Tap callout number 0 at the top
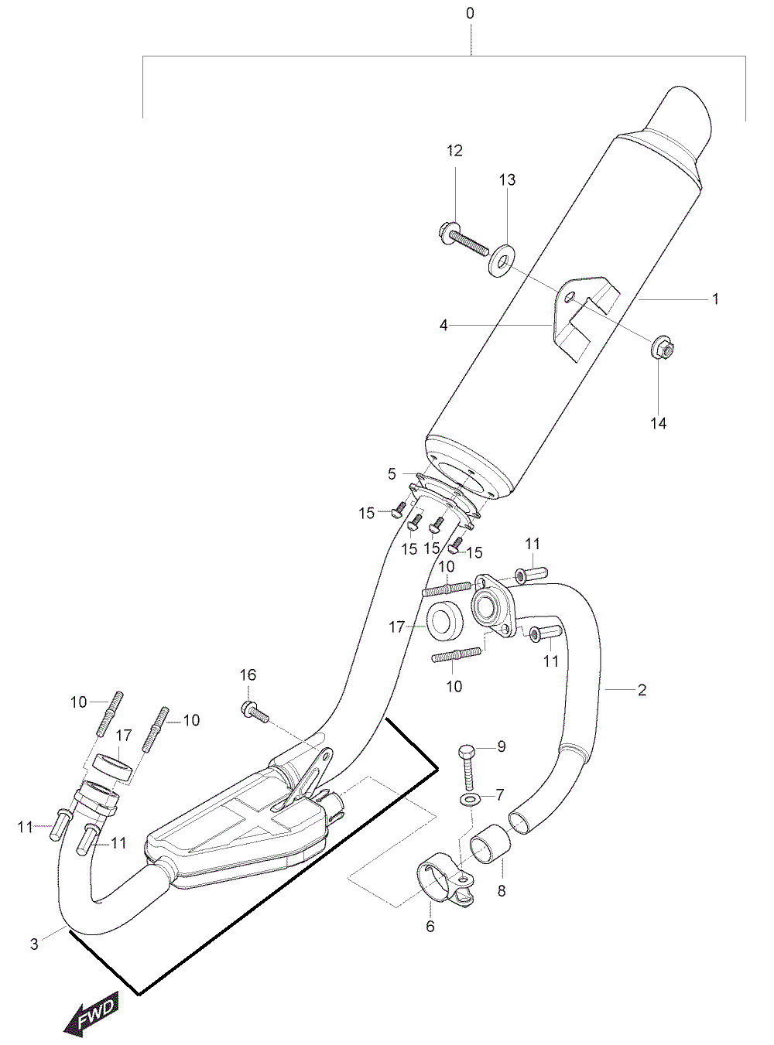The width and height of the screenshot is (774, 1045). (x=471, y=13)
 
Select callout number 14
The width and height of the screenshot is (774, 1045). (x=659, y=424)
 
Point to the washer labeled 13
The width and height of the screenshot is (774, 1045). (x=502, y=260)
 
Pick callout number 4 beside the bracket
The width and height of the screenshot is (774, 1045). (x=443, y=325)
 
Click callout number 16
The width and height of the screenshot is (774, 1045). (x=248, y=675)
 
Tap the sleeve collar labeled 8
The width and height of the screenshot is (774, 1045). (x=491, y=843)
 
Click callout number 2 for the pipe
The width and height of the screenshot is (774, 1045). (x=642, y=690)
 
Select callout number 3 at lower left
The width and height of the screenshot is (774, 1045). (x=34, y=944)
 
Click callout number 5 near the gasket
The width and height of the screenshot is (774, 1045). (x=392, y=474)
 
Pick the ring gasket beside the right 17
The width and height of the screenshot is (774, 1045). (x=445, y=620)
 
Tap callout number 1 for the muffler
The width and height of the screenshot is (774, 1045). (x=715, y=299)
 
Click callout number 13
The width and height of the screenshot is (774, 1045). (x=508, y=179)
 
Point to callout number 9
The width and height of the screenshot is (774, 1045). (x=502, y=746)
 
